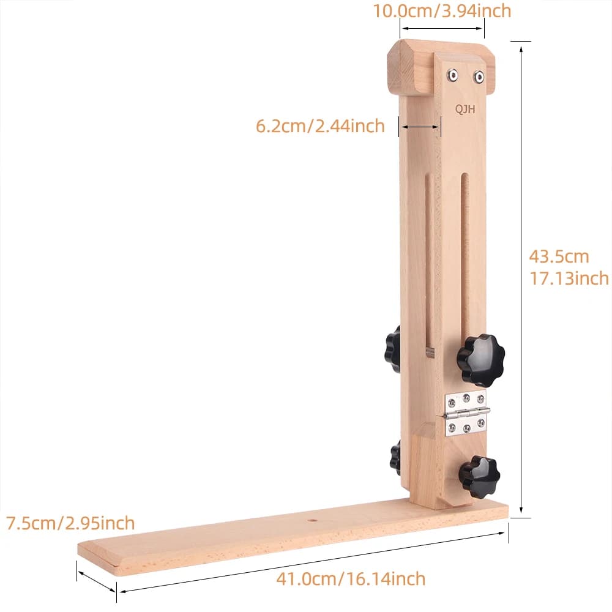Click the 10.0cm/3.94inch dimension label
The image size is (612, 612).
click(442, 11)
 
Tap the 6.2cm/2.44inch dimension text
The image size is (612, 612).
click(320, 126)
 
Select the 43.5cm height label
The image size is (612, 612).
click(559, 257)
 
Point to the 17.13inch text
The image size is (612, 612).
click(569, 278)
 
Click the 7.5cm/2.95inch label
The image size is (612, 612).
click(70, 523)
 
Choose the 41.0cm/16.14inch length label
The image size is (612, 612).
click(351, 578)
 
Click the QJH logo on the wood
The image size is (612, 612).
click(465, 110)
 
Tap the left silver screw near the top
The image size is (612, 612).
click(453, 75)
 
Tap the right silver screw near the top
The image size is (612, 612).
click(479, 77)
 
